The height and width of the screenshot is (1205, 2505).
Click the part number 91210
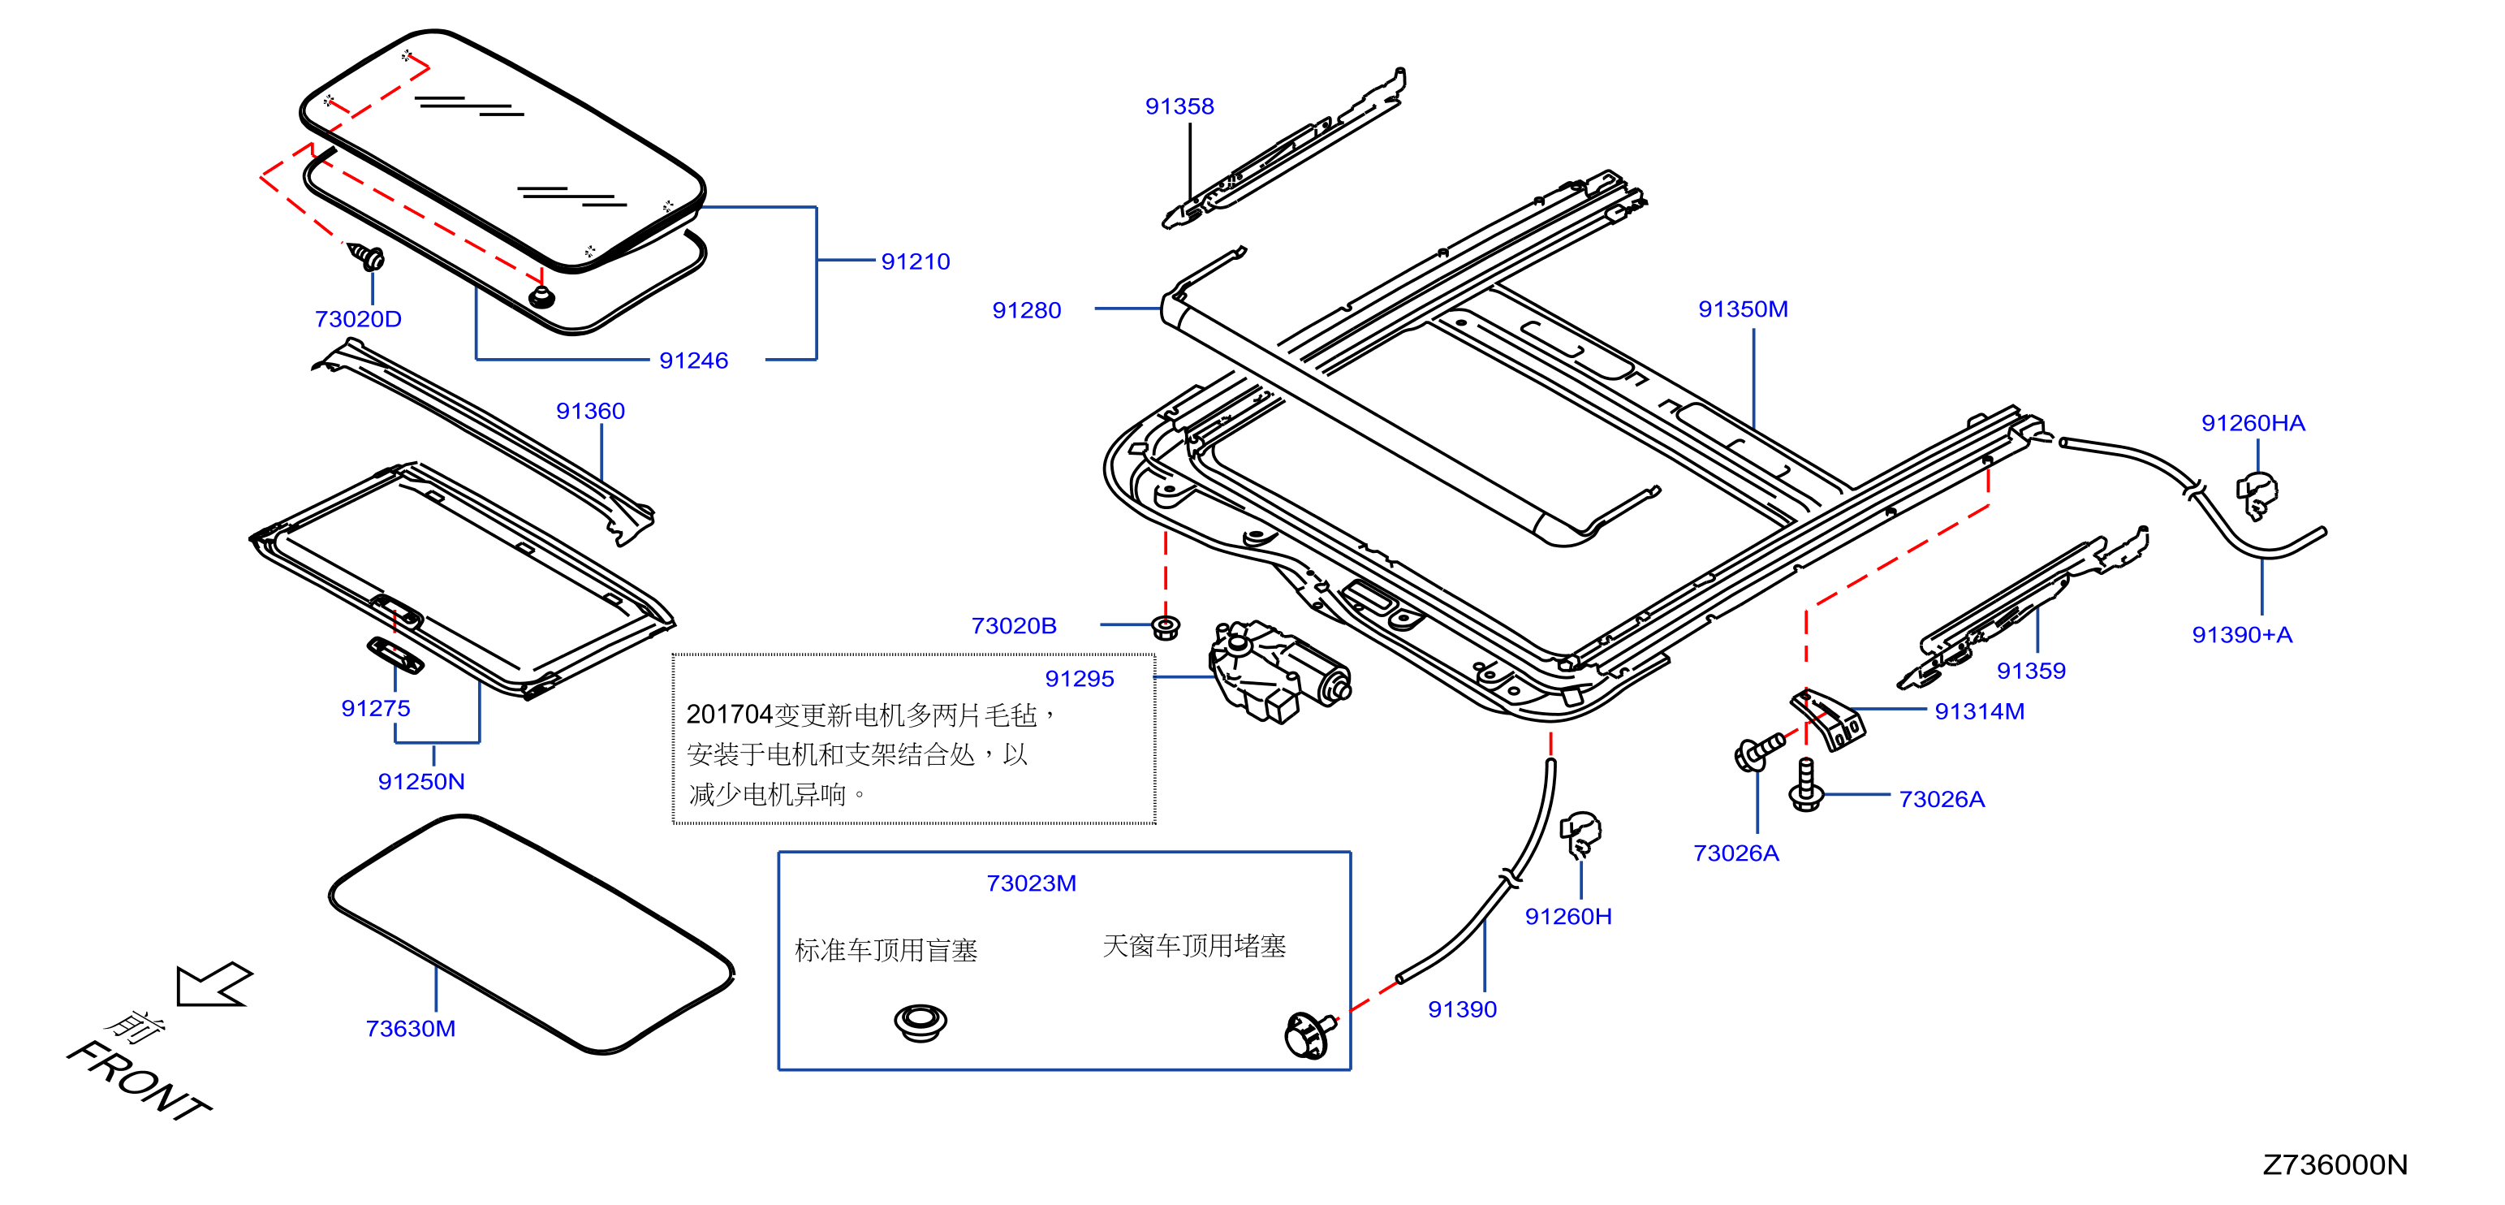point(915,261)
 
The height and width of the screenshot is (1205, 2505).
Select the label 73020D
point(358,319)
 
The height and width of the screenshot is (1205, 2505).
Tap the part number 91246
point(693,361)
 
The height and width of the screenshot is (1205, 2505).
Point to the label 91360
point(590,412)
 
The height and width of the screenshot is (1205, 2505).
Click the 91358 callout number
point(1179,106)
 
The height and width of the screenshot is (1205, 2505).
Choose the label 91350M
point(1743,309)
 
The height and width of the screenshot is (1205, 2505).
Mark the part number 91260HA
point(2253,423)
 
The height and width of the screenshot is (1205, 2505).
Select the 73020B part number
point(1013,626)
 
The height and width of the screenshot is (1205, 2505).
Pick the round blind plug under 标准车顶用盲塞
point(920,1022)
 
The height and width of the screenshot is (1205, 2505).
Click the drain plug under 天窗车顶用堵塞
point(1309,1034)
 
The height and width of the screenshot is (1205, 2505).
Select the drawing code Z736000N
point(2335,1165)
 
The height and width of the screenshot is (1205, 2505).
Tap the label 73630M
point(411,1029)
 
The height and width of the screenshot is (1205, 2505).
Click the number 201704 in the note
point(729,715)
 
